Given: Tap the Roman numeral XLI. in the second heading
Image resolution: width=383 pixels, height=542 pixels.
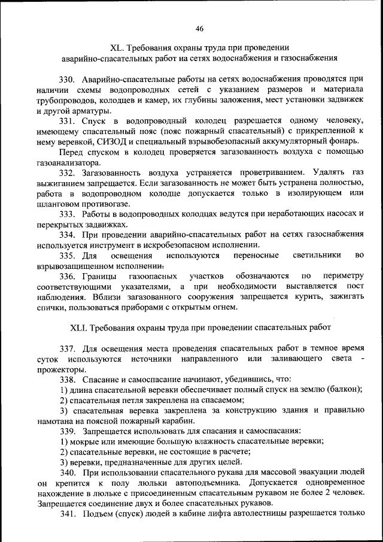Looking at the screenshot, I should point(80,327).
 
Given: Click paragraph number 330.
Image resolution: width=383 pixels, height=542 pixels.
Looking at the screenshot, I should point(68,79).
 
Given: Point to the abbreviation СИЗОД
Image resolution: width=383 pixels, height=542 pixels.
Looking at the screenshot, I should point(108,141).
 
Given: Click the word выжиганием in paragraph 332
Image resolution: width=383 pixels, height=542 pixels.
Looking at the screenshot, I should point(61,183).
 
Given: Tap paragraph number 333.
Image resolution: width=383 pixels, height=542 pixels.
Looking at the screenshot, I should point(68,214).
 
